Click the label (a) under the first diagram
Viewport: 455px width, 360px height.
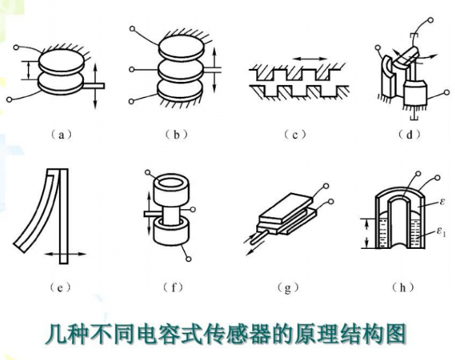coord(61,135)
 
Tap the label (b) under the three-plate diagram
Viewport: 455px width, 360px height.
coord(176,135)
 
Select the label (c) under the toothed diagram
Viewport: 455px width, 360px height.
coord(295,135)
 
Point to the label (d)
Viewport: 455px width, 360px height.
coord(409,135)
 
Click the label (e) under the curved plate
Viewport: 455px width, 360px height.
coord(60,287)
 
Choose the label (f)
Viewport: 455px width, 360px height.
coord(174,287)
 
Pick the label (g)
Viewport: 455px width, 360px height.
coord(287,288)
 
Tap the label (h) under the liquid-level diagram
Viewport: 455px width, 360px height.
coord(403,287)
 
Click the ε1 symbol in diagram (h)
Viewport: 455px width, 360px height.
coord(441,232)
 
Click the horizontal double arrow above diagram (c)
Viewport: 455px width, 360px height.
coord(309,59)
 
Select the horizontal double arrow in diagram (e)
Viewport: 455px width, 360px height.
coord(65,255)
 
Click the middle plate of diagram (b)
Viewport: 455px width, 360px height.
coord(180,70)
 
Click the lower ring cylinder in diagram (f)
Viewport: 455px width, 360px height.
coord(171,232)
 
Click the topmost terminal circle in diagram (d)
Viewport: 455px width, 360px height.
coord(431,20)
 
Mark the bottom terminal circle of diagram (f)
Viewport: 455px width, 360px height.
coord(188,259)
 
